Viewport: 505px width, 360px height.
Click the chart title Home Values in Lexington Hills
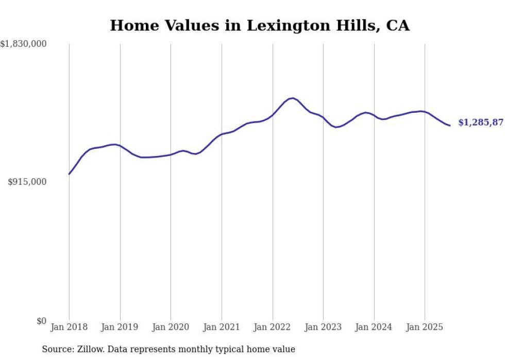tap(260, 25)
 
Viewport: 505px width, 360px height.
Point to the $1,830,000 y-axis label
tap(24, 44)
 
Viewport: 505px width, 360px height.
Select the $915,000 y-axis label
tap(27, 182)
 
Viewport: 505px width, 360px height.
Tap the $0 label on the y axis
tap(41, 321)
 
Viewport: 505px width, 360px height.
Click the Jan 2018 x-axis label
tap(69, 327)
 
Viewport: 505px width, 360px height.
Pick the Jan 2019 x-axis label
tap(120, 327)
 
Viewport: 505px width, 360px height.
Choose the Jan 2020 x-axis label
tap(171, 327)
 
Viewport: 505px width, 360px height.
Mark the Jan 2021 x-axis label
tap(222, 327)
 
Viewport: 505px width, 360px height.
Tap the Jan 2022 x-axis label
tap(273, 327)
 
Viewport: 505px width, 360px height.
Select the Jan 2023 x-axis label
tap(323, 327)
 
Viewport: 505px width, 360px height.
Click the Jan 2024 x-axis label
tap(374, 327)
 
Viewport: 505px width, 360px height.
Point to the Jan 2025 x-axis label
tap(425, 327)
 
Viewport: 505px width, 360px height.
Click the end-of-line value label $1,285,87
tap(480, 123)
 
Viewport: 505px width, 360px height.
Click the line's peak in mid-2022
tap(292, 98)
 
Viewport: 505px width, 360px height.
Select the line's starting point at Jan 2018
tap(69, 174)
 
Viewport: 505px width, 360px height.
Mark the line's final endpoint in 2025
tap(450, 125)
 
